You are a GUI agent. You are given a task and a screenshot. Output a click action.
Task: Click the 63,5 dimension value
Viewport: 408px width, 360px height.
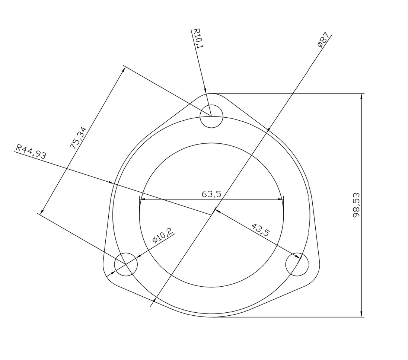[x=211, y=194]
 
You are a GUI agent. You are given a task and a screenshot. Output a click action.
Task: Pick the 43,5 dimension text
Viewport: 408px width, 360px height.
[x=261, y=229]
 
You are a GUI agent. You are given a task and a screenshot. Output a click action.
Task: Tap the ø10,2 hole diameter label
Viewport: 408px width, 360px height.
[x=163, y=236]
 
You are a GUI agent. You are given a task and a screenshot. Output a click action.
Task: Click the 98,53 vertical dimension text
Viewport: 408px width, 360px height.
[x=356, y=205]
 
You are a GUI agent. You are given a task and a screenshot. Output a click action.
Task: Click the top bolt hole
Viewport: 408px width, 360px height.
[x=211, y=116]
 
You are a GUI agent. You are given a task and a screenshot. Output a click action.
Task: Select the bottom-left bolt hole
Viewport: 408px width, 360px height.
[x=126, y=264]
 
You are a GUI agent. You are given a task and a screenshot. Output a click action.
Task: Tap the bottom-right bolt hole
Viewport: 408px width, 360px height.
[x=297, y=264]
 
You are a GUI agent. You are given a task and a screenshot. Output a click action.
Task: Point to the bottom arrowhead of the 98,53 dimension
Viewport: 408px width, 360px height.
[x=361, y=314]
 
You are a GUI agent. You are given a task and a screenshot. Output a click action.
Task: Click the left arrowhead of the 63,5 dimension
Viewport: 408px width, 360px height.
[x=142, y=199]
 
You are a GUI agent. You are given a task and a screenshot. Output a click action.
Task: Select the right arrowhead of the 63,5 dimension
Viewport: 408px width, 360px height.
[x=281, y=199]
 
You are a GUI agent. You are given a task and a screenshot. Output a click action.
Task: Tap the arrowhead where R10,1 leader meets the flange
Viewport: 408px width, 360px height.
[x=205, y=91]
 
